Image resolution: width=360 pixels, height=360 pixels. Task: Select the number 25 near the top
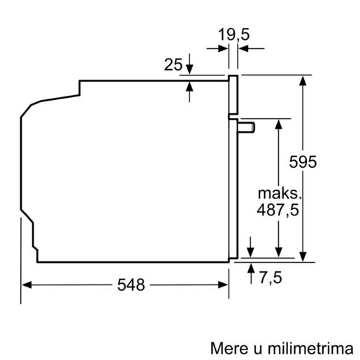click(173, 65)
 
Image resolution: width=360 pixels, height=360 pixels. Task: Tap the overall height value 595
click(302, 162)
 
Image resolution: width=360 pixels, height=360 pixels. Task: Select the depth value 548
click(131, 285)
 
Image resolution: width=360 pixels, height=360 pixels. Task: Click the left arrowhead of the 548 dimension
click(26, 285)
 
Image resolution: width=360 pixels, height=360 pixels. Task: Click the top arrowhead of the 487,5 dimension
click(278, 122)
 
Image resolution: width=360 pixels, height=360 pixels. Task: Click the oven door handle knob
click(247, 126)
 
